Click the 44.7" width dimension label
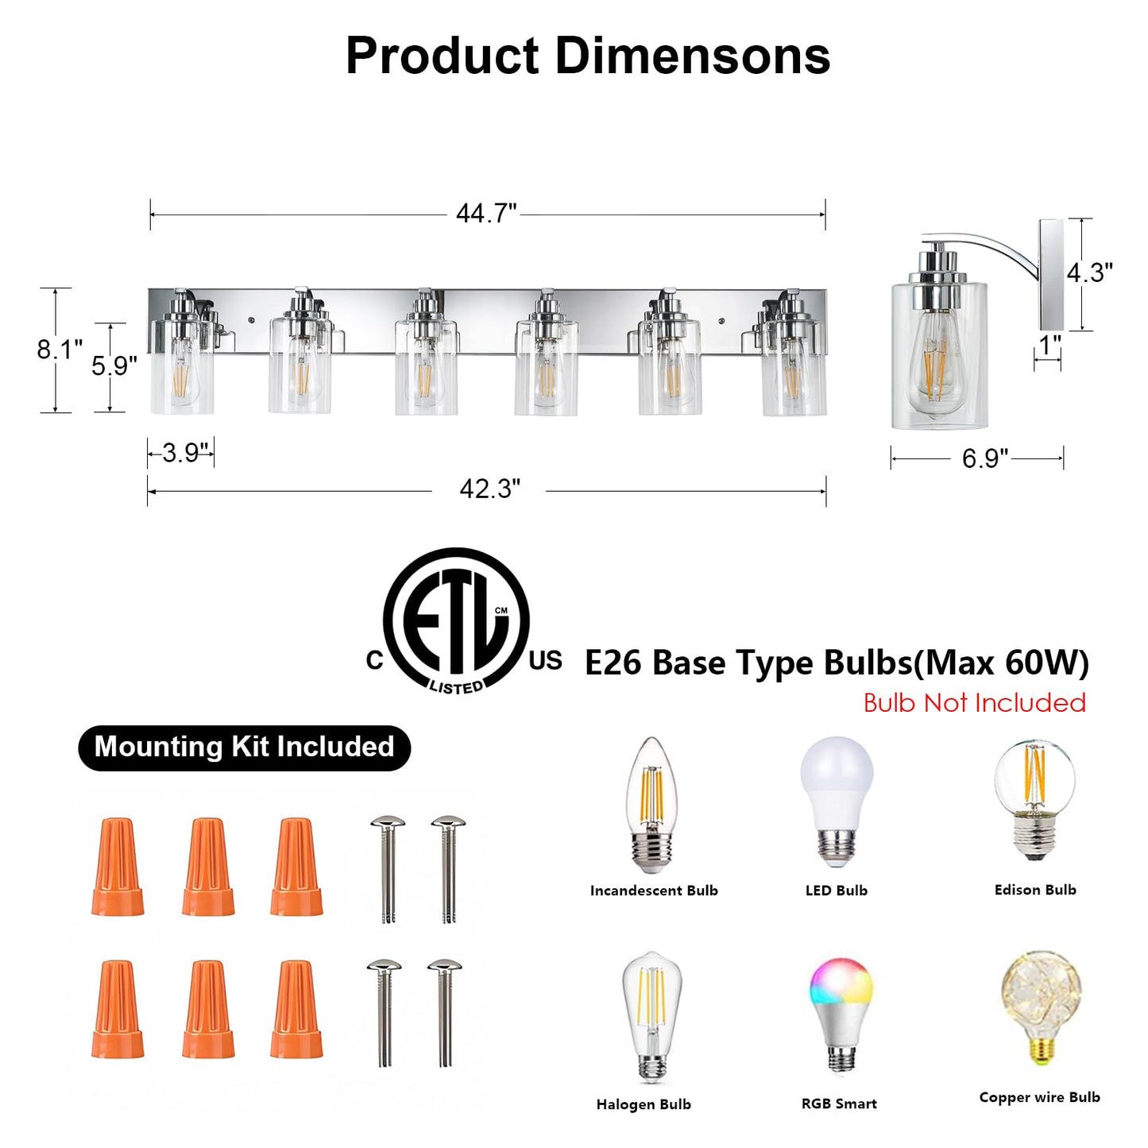(x=486, y=213)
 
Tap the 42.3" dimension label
(x=489, y=489)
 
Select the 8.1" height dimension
(x=60, y=349)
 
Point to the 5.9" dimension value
(x=114, y=365)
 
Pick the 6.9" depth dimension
(x=985, y=458)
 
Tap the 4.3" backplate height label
(x=1089, y=273)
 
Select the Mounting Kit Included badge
(x=244, y=748)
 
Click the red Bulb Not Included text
(x=975, y=703)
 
